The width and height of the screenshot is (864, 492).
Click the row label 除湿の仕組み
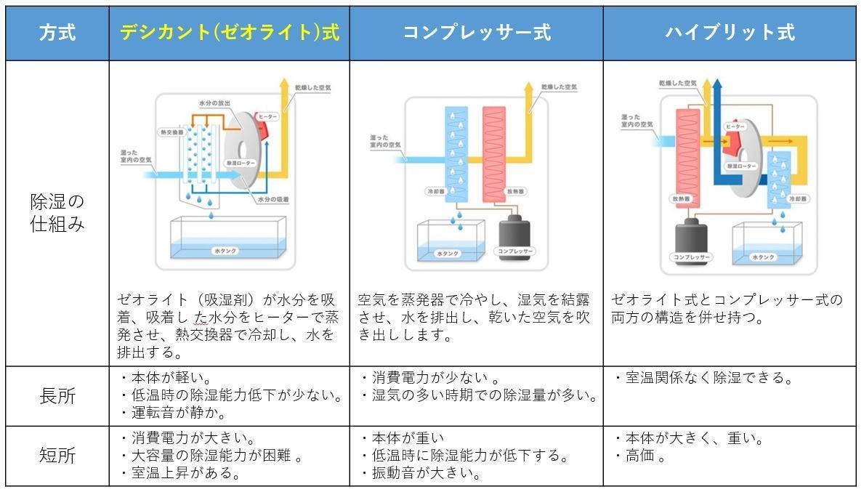[x=57, y=212]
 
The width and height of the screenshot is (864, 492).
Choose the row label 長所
[x=57, y=396]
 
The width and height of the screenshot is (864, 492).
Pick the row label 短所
[x=57, y=456]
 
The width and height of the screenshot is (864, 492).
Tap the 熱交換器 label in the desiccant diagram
[x=172, y=133]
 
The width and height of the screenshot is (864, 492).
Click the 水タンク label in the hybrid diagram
[x=763, y=257]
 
